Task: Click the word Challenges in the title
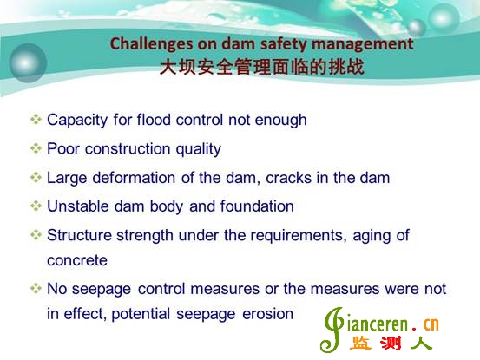coord(152,44)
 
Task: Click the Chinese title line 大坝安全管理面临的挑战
coord(262,67)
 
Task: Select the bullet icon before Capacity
coord(36,120)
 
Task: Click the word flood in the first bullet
coord(154,120)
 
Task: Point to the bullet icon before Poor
coord(36,148)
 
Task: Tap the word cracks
coord(288,178)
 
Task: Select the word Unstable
coord(78,206)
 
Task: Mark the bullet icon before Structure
coord(36,235)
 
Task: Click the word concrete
coord(77,260)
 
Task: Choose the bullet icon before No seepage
coord(36,288)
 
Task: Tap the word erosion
coord(268,314)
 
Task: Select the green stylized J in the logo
coord(332,330)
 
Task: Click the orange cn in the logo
coord(431,324)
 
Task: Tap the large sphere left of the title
coord(28,63)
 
